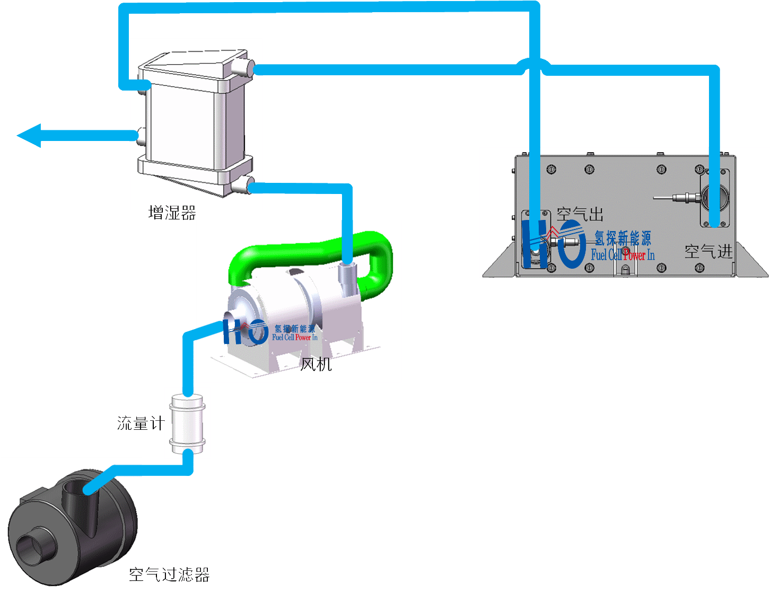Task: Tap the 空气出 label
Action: (x=580, y=215)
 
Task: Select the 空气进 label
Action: (x=708, y=251)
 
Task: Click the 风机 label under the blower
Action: (x=316, y=364)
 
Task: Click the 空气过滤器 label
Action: (x=169, y=575)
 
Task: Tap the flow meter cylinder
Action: (x=187, y=423)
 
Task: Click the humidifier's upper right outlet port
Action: (x=245, y=67)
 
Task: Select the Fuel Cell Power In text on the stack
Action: (x=623, y=255)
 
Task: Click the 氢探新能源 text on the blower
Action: (x=295, y=329)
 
